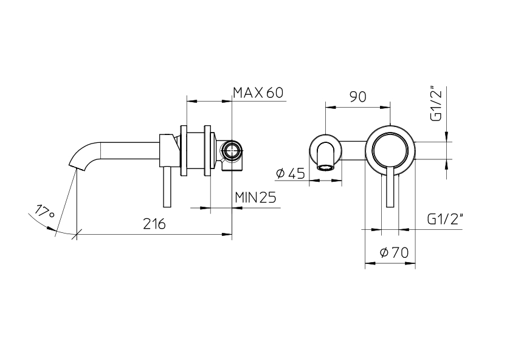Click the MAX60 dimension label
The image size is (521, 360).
(258, 93)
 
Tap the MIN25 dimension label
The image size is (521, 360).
(255, 197)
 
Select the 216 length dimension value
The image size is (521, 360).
(154, 224)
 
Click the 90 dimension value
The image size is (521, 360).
(357, 97)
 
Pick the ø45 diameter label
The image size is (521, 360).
(290, 174)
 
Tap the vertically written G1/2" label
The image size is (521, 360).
(435, 104)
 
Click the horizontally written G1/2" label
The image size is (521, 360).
(446, 220)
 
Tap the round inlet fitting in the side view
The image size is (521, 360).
(231, 151)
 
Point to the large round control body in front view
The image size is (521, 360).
(390, 150)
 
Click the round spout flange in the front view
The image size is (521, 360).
(326, 150)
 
